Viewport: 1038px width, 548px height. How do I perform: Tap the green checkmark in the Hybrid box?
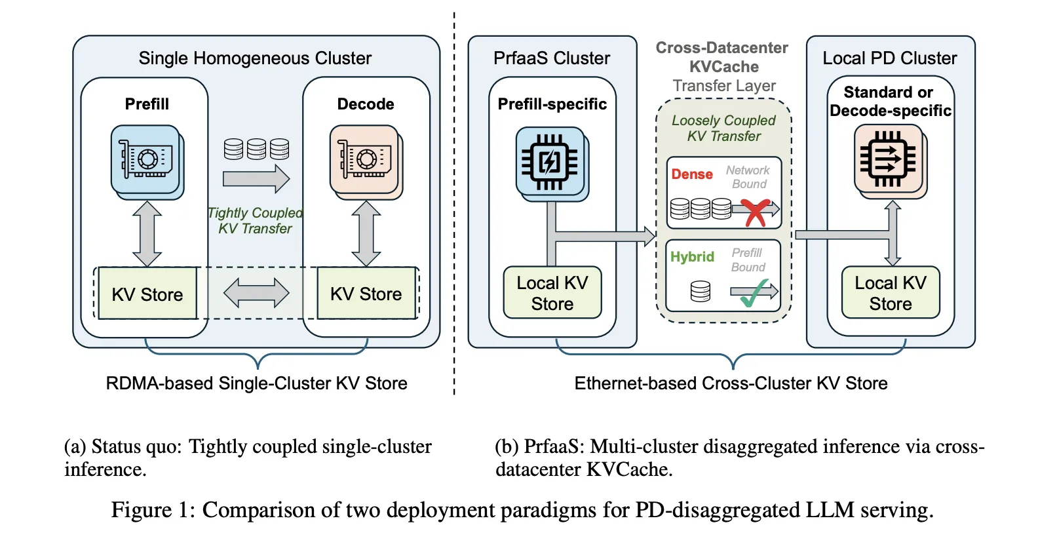(755, 293)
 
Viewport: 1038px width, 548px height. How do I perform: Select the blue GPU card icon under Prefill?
(146, 160)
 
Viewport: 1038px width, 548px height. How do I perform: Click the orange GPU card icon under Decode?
(365, 160)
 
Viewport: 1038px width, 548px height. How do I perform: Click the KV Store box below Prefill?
(147, 294)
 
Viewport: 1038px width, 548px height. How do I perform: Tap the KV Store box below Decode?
(366, 294)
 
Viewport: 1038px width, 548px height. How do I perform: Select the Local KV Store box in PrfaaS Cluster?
(552, 293)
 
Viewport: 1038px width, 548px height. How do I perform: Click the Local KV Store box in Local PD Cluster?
(891, 293)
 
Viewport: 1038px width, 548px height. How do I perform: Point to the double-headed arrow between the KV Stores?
(256, 293)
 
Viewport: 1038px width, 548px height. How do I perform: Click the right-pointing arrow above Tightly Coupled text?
(256, 178)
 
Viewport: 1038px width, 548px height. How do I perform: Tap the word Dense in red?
(691, 174)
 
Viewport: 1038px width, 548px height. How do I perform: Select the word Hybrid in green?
(692, 257)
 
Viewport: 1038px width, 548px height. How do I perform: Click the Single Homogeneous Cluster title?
(255, 58)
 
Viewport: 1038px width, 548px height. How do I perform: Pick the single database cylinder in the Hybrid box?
(700, 290)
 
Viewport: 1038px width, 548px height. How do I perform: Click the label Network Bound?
(748, 177)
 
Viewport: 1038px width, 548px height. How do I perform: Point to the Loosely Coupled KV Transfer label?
(723, 128)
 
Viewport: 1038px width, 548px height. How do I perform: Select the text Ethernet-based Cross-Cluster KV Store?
(731, 383)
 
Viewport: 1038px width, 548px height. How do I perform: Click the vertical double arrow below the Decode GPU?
(366, 233)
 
